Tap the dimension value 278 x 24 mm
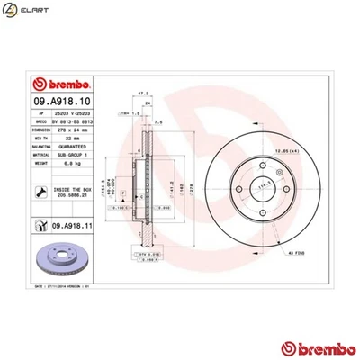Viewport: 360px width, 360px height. pyautogui.click(x=65, y=128)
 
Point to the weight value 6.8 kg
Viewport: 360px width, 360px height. pyautogui.click(x=65, y=165)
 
